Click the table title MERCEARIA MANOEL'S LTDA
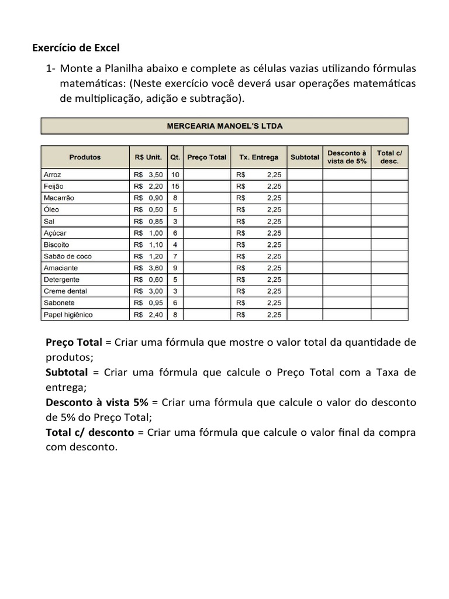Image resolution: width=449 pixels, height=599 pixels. pos(224,126)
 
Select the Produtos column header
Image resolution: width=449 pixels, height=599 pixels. pos(85,157)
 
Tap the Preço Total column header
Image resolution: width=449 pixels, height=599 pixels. pos(206,157)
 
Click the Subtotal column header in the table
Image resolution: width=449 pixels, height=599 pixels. pos(305,157)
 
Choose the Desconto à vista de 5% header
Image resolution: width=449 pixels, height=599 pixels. pos(347,157)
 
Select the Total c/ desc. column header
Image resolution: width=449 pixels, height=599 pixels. pos(389,157)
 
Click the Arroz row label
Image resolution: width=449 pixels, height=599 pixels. pos(53,174)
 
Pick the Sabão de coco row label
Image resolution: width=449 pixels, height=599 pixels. pos(67,256)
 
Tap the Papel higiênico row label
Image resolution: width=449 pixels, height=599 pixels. pos(68,315)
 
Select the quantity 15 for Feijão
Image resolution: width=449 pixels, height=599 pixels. pos(175,186)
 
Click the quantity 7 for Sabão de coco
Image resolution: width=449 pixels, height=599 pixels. pos(175,256)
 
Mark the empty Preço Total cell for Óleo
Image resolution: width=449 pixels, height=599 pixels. pos(206,209)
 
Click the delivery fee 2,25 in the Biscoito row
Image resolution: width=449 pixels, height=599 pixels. pos(274,245)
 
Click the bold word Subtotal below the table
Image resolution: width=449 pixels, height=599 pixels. pos(67,372)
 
